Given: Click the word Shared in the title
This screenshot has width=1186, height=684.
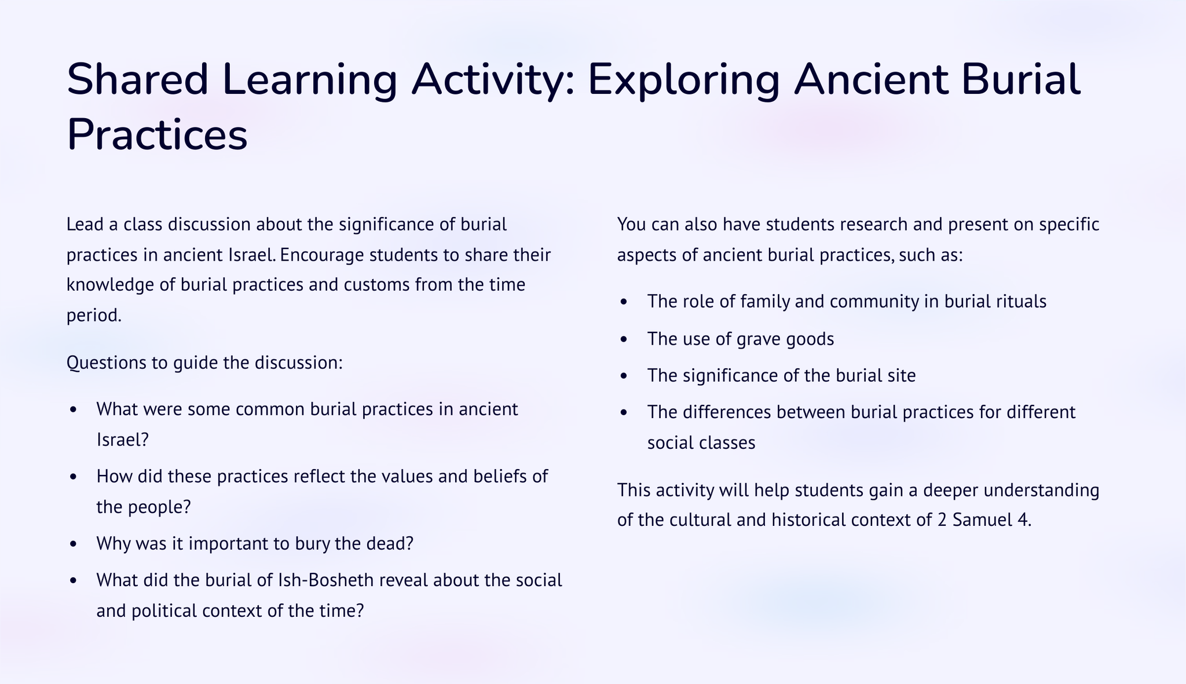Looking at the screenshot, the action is pos(138,80).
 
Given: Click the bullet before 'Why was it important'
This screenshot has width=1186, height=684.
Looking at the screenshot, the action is pos(73,544).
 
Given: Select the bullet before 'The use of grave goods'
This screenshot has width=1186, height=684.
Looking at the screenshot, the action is pos(624,339).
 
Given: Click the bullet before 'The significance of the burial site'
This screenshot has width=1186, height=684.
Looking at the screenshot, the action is pos(624,376).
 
